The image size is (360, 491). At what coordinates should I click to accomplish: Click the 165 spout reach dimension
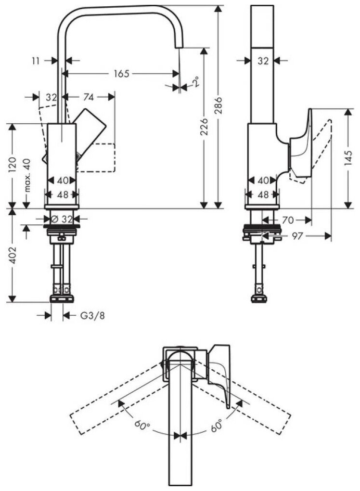point(121,74)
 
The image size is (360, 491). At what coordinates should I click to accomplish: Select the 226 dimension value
point(204,128)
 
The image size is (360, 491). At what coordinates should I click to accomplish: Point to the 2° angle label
point(195,83)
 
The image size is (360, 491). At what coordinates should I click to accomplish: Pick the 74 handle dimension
point(88,97)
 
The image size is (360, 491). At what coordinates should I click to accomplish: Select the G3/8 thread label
point(91,316)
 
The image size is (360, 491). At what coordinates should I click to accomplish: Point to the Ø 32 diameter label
point(62,219)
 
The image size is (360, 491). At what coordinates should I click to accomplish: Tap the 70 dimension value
point(288,220)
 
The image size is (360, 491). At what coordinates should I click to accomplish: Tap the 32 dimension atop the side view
point(263,61)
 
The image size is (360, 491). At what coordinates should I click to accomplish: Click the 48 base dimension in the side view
point(263,194)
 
